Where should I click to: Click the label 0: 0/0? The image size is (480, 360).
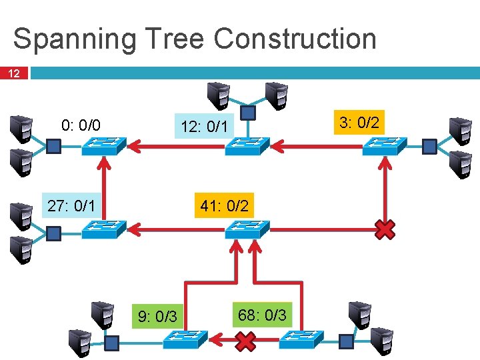pos(81,125)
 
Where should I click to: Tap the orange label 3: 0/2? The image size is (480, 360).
pos(359,122)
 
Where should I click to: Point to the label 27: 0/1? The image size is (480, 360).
pos(71,205)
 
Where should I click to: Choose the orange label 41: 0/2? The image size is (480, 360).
pos(224,206)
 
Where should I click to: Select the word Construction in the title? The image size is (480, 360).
pos(295,39)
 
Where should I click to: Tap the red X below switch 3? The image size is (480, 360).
pos(385,230)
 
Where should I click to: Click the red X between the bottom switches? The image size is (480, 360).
pos(246,342)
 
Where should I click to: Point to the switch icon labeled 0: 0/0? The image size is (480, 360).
pos(103,146)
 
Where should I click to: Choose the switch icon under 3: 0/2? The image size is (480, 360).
pos(385,146)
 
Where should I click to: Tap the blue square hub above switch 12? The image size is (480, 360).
pos(247,113)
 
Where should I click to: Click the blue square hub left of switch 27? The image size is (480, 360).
pos(54,233)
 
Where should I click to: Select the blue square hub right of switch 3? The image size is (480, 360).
pos(430,145)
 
